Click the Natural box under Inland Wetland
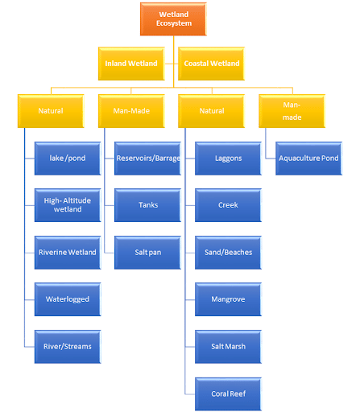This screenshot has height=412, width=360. tap(50, 110)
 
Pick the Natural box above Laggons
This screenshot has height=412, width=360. tap(211, 110)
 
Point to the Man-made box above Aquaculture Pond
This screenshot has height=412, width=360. tap(292, 110)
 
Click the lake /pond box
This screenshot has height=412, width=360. tap(68, 158)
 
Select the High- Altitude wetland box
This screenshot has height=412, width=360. tap(68, 204)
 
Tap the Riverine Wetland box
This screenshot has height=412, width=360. tap(68, 252)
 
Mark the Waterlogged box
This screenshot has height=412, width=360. tap(68, 299)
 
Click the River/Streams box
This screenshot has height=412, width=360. tap(68, 346)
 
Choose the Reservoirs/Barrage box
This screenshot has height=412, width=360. tap(148, 158)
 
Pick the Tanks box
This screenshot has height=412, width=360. tap(148, 204)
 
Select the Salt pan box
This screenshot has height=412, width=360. tap(148, 252)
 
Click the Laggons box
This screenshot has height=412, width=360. tap(229, 158)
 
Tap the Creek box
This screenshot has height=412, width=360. tap(229, 204)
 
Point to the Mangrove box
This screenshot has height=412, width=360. tap(229, 299)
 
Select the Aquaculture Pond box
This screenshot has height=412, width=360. tap(309, 158)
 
